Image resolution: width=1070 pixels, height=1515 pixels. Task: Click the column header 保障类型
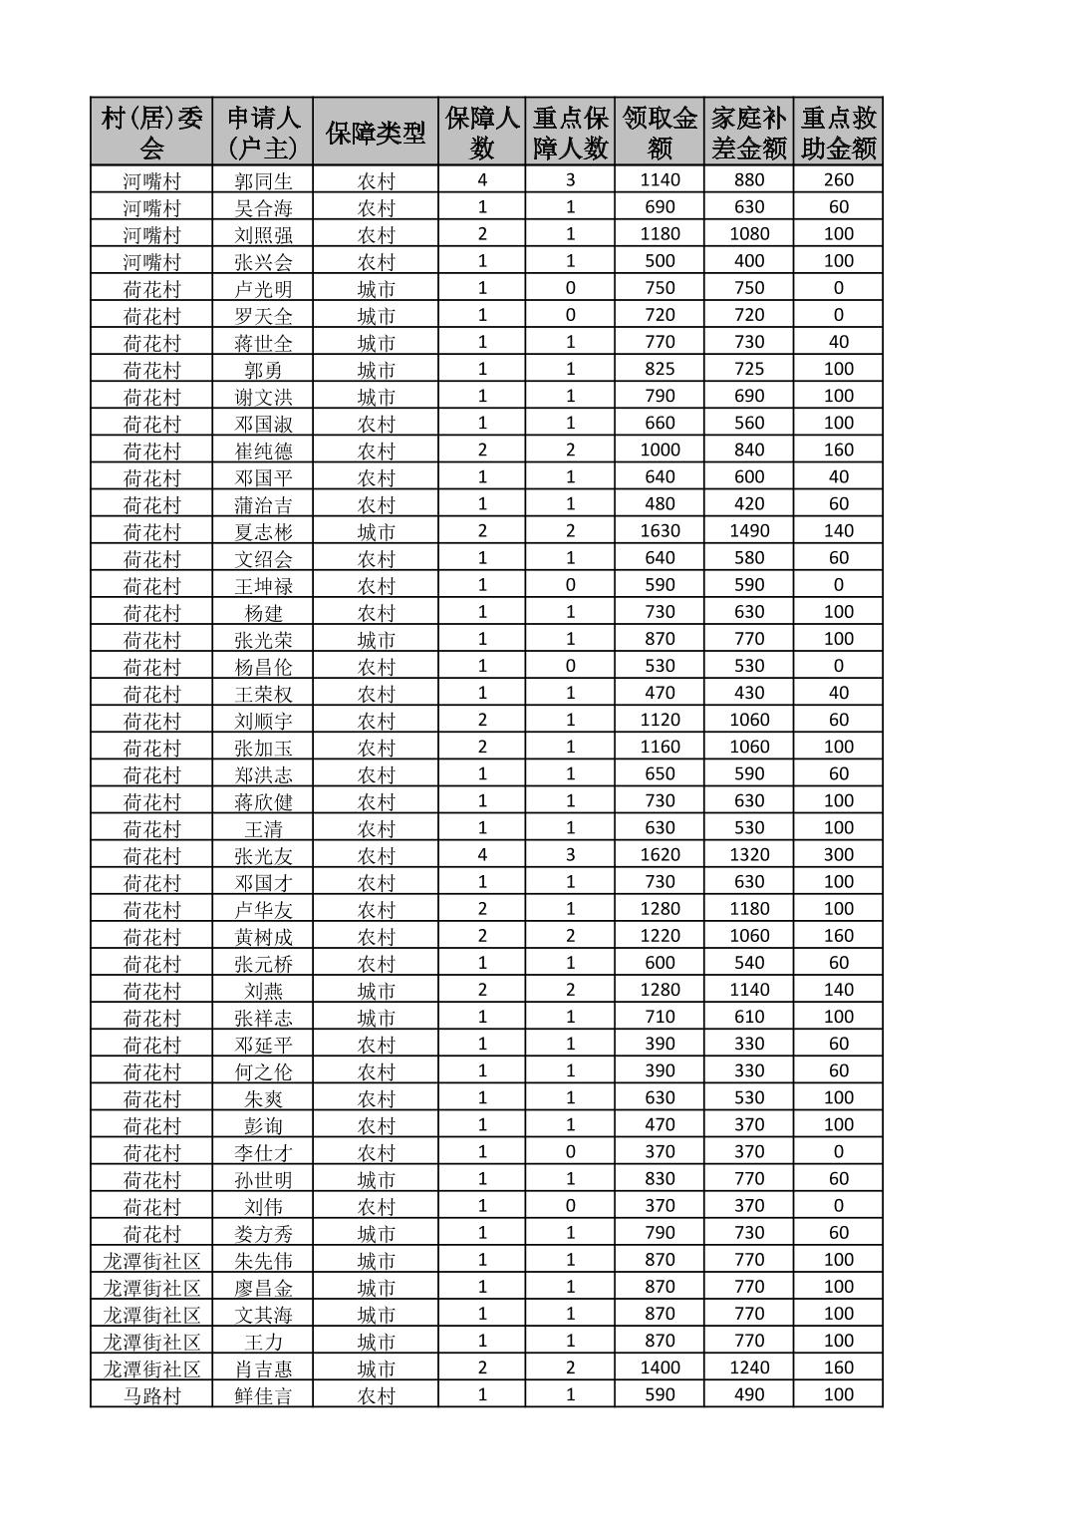(376, 133)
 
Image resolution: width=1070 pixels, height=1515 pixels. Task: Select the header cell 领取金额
(660, 133)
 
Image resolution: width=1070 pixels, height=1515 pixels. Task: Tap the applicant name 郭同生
(263, 180)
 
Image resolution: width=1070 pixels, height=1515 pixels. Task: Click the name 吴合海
(263, 207)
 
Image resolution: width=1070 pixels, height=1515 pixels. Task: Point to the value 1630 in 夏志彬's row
(660, 531)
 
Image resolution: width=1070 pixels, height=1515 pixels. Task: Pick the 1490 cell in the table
(749, 531)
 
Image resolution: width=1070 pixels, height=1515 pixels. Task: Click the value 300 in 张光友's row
(839, 854)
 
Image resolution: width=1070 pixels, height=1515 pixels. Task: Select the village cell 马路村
(151, 1394)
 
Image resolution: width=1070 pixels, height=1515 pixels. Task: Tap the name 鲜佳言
(263, 1394)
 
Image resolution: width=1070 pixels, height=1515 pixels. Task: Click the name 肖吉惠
(263, 1367)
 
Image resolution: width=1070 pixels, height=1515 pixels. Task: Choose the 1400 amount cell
(660, 1367)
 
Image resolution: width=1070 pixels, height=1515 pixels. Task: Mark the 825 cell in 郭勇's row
(660, 369)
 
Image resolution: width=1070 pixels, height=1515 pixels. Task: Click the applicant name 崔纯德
(263, 450)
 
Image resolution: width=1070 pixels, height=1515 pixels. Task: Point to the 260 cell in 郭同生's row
(839, 180)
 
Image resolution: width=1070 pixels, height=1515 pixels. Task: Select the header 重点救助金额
(839, 133)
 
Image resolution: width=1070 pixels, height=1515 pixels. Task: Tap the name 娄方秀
(263, 1233)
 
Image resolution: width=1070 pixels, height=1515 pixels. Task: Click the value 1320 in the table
(749, 854)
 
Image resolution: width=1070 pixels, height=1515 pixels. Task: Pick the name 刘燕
(263, 990)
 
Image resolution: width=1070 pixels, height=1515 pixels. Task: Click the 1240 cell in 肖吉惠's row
(749, 1367)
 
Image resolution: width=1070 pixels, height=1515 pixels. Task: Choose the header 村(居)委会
(151, 133)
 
